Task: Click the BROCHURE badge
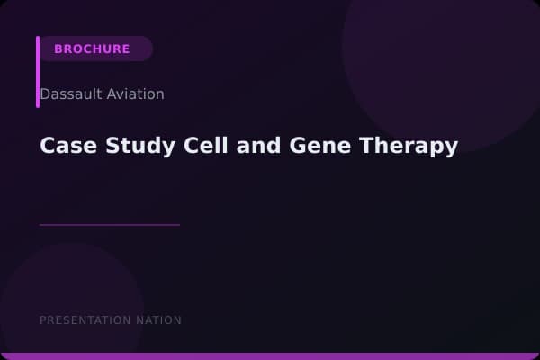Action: (93, 49)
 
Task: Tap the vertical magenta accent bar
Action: (38, 72)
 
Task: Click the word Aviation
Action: (136, 94)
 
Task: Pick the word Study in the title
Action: (126, 146)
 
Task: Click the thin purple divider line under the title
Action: (110, 224)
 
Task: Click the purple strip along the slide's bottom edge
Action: (270, 356)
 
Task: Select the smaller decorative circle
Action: (72, 297)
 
